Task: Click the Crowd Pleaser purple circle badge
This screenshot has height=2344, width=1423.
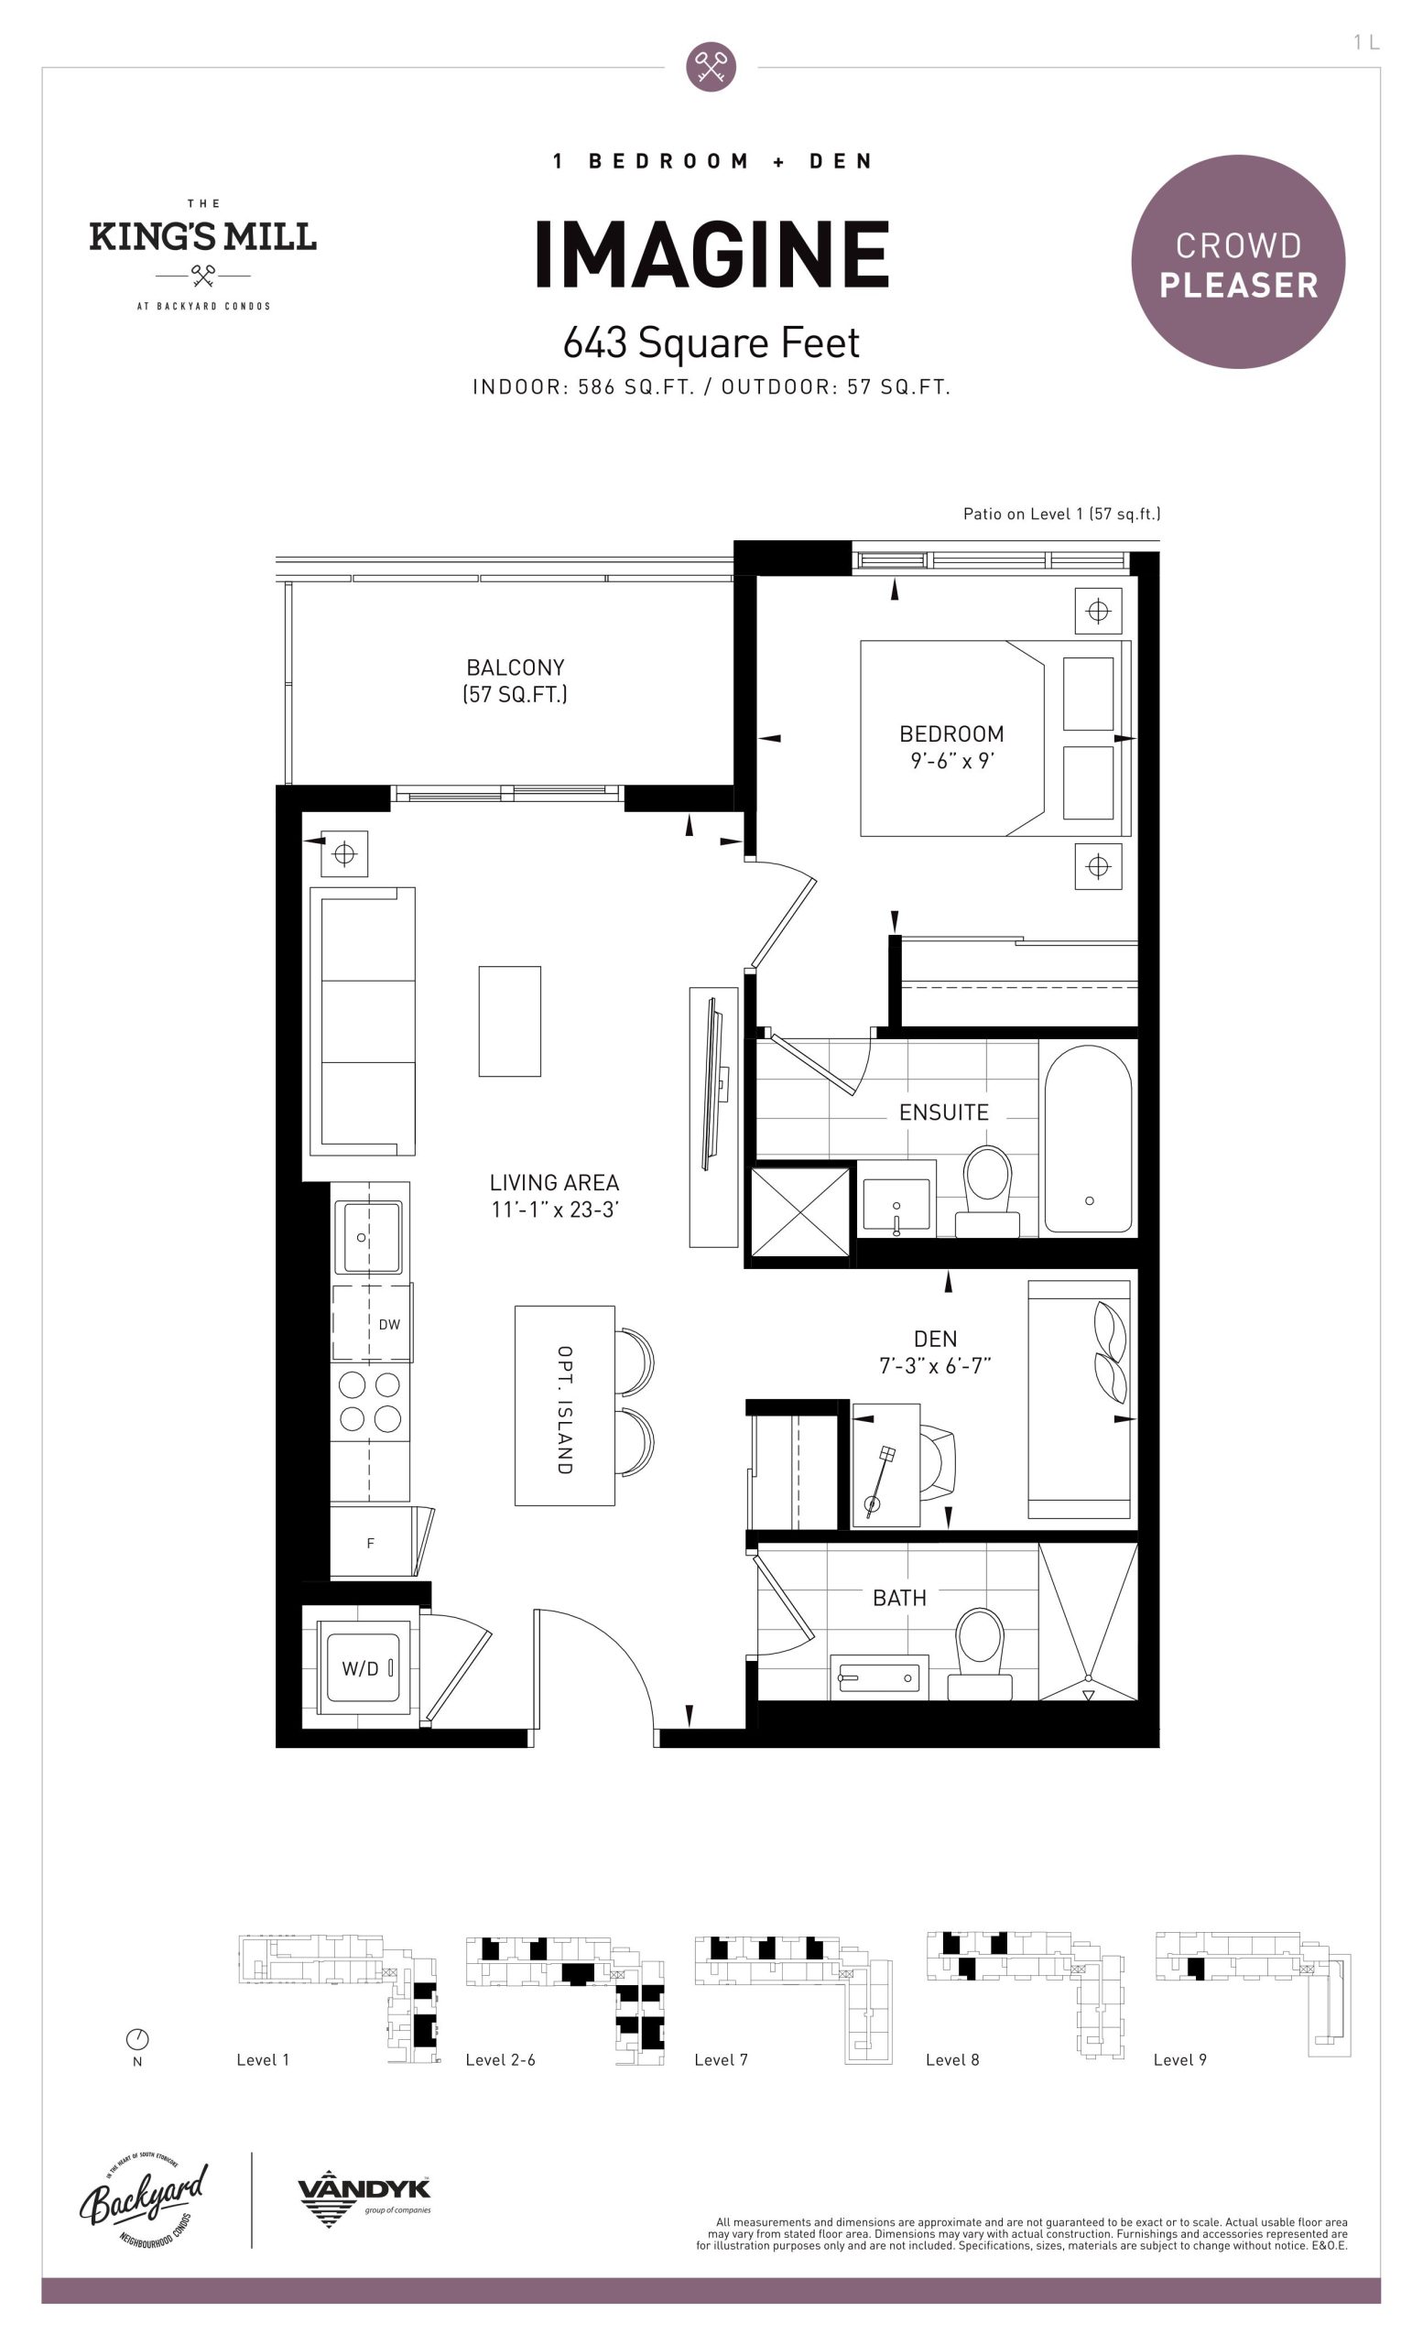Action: click(x=1237, y=262)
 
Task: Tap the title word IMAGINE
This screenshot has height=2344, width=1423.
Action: click(x=711, y=254)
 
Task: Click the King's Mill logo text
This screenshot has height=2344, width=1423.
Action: click(x=202, y=237)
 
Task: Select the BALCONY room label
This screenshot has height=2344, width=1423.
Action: click(x=516, y=667)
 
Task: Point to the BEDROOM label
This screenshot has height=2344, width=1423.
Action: click(x=951, y=734)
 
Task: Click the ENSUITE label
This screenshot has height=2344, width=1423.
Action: click(x=943, y=1112)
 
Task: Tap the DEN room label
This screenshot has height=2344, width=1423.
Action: click(x=935, y=1339)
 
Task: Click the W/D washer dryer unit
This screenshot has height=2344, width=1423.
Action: click(x=362, y=1667)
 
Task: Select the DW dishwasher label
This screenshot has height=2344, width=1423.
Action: click(x=389, y=1324)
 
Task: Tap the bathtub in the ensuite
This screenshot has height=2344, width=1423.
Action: click(x=1088, y=1139)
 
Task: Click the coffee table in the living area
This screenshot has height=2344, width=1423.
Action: click(x=510, y=1022)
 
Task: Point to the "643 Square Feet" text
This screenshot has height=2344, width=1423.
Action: click(x=711, y=343)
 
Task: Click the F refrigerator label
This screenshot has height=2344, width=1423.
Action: click(x=370, y=1543)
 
